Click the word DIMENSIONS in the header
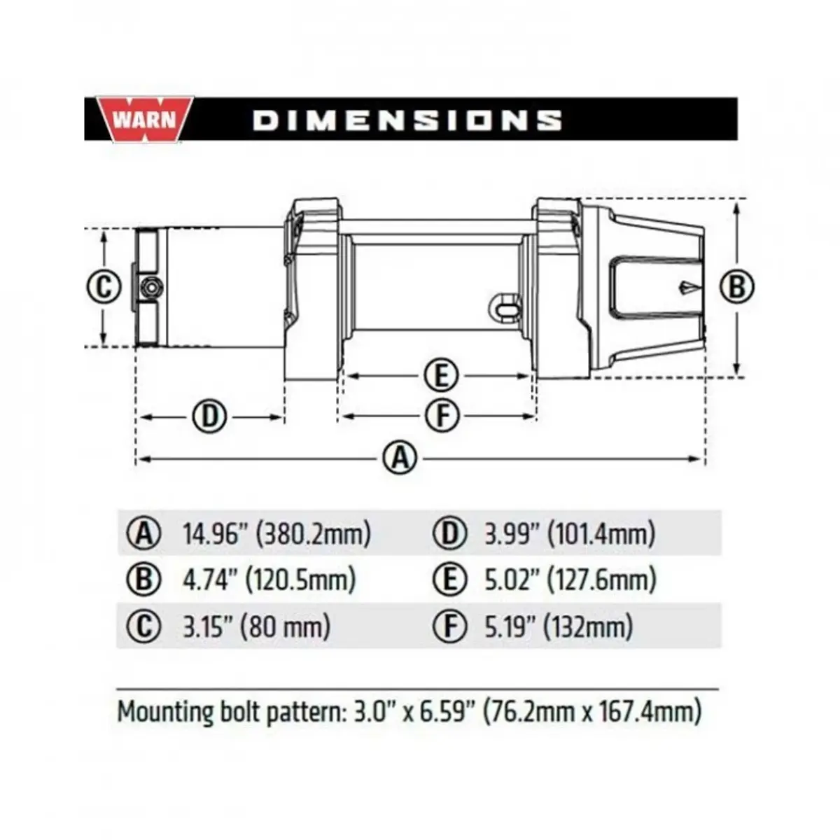click(407, 120)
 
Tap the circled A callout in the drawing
click(400, 458)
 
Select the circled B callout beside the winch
click(736, 287)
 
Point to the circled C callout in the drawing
click(104, 287)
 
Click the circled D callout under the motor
click(210, 416)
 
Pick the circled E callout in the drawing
click(441, 375)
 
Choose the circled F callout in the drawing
click(442, 416)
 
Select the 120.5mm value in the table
click(301, 580)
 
